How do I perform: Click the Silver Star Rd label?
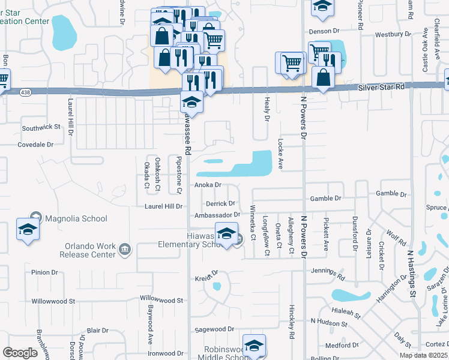click(382, 87)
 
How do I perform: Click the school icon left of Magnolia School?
click(28, 229)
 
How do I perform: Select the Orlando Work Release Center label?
click(88, 250)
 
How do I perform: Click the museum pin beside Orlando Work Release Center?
click(125, 249)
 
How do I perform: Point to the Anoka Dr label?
click(208, 185)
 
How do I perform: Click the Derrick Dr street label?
click(220, 203)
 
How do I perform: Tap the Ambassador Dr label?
click(217, 215)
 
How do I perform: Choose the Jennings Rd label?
click(328, 274)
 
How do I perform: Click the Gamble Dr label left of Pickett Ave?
click(325, 198)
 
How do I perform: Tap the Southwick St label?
click(41, 127)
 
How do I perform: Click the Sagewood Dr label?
click(214, 329)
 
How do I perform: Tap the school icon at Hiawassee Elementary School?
click(226, 234)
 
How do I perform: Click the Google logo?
click(20, 352)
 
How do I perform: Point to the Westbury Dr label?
click(392, 34)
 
